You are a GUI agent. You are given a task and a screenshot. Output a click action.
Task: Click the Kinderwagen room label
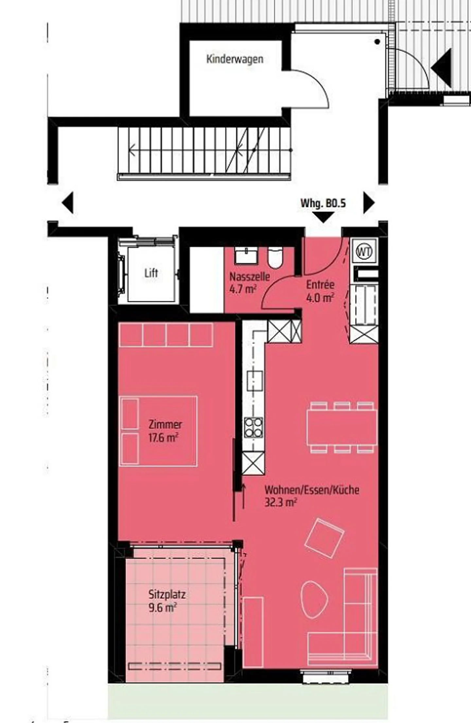tap(235, 59)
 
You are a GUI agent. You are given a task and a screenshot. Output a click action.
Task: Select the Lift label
tap(151, 273)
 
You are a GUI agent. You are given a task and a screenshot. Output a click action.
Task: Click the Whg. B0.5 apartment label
tap(323, 203)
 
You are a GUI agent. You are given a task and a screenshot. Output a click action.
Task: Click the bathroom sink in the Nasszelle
tap(246, 256)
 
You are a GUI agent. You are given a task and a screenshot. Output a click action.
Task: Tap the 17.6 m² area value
tap(163, 438)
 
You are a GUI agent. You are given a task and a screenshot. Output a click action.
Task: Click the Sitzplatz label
tap(167, 594)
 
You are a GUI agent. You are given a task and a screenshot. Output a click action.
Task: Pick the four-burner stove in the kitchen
tap(253, 427)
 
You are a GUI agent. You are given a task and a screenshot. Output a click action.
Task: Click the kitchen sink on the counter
tap(255, 381)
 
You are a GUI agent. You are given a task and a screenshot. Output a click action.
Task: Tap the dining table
tap(342, 427)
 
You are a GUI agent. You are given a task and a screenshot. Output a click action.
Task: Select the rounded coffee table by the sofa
tap(314, 599)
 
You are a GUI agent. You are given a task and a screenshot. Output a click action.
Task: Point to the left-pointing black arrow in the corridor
tap(67, 203)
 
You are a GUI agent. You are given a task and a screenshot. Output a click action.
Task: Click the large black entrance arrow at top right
tap(441, 68)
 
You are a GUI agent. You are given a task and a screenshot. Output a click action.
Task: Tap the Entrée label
tap(320, 284)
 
